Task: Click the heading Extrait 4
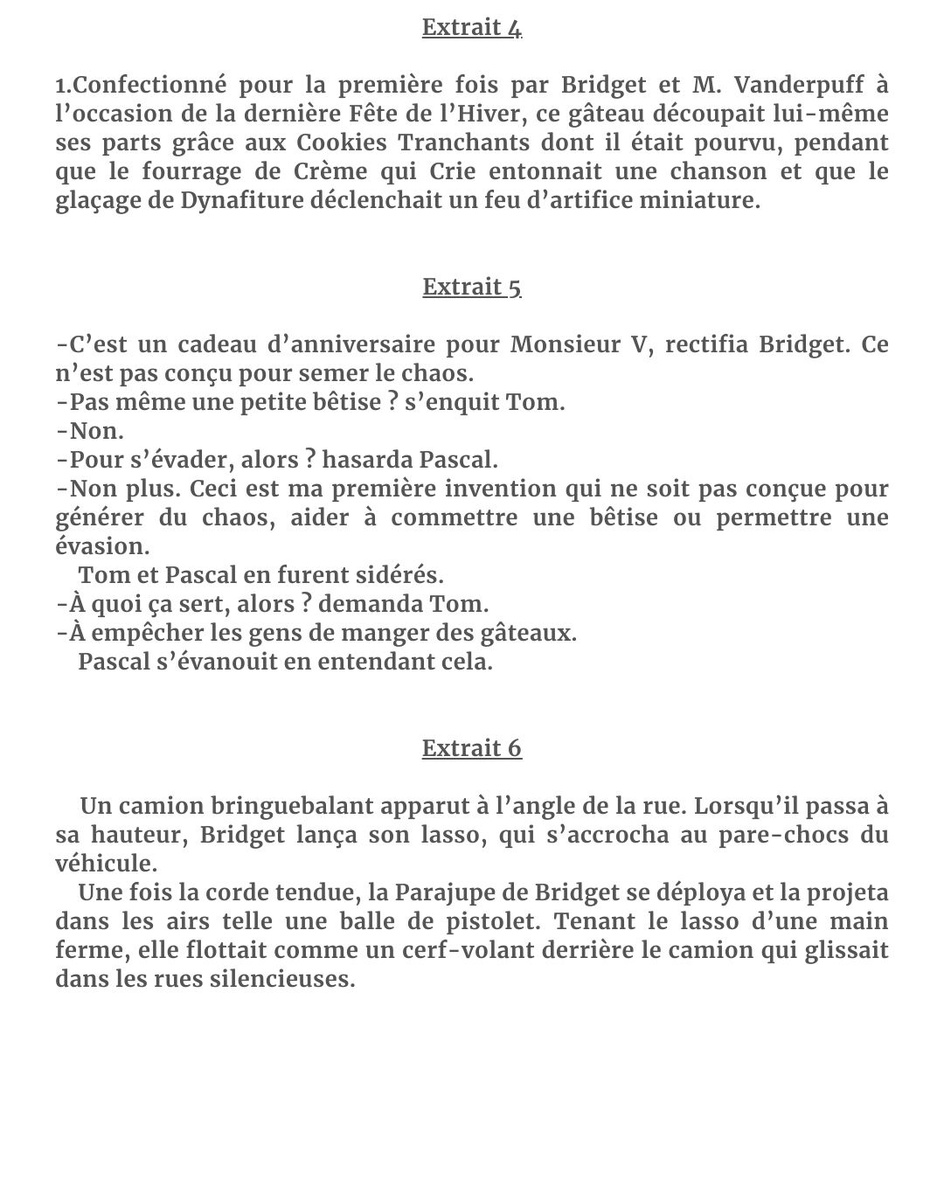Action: pos(472,28)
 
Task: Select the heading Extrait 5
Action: pos(472,287)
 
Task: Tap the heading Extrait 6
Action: pos(472,748)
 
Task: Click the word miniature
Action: pos(702,201)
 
